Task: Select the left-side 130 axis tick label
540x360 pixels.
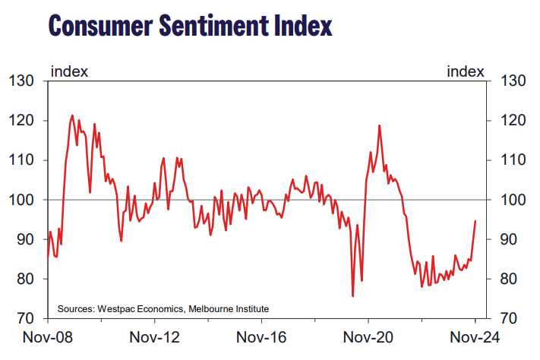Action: (22, 81)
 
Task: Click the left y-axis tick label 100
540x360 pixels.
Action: (22, 200)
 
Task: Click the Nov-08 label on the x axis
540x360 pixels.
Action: (46, 337)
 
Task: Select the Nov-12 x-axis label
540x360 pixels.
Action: (153, 337)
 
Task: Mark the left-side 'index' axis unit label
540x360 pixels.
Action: (69, 71)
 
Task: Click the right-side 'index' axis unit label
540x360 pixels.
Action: (466, 71)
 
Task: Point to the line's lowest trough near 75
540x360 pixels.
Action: (352, 296)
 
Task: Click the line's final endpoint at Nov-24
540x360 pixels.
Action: (475, 221)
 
